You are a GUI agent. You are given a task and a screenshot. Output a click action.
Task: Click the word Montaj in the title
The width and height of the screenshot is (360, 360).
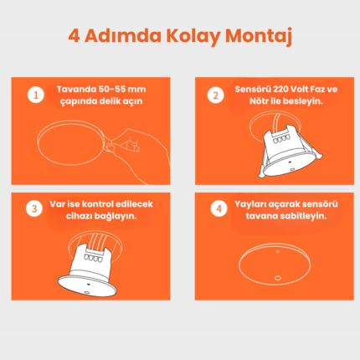coord(259,36)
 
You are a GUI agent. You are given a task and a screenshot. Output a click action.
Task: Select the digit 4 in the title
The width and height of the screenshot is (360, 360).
coord(74,36)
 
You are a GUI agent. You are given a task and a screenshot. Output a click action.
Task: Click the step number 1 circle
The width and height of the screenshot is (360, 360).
coord(36,95)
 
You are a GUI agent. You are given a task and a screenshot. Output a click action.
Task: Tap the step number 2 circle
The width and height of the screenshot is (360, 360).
coord(215,95)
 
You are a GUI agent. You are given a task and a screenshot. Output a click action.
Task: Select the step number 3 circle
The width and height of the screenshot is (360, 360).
coord(34,208)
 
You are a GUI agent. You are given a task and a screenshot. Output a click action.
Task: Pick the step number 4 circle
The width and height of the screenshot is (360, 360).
coord(219,208)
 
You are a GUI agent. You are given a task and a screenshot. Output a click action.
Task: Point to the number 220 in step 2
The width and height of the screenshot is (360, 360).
coord(280,90)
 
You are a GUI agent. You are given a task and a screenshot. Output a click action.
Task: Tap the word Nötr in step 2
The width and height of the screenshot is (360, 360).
coord(259,101)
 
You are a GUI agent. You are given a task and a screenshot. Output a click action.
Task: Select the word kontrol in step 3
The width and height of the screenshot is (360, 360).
coord(98,204)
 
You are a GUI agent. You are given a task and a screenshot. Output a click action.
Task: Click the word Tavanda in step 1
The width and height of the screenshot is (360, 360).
coord(76,90)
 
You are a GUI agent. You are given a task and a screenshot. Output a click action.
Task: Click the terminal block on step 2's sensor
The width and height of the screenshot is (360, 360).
coord(280,139)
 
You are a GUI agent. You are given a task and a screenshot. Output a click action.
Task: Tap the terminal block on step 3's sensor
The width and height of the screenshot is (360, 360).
coord(94,257)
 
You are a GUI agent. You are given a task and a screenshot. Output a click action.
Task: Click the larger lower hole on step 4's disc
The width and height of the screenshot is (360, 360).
coord(277,278)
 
